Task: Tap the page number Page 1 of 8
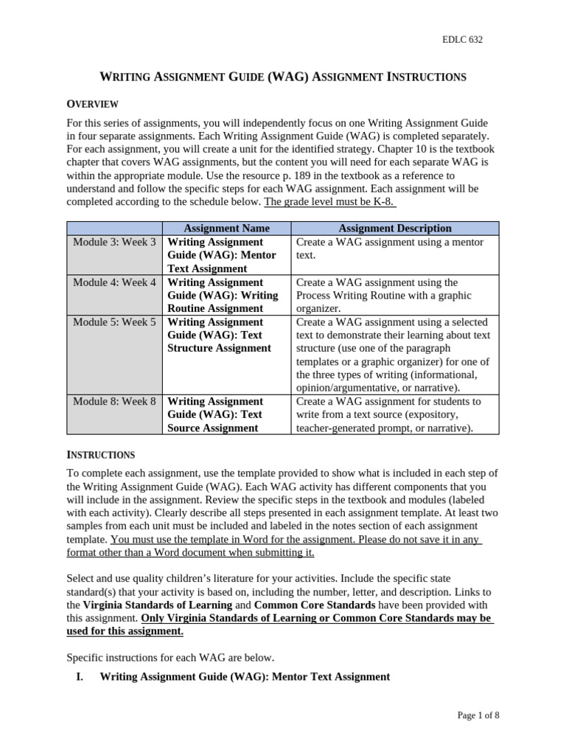(x=478, y=714)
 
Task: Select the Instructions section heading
(x=100, y=454)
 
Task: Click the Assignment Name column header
(x=226, y=229)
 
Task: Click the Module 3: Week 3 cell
(x=114, y=242)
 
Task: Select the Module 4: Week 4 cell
(x=114, y=282)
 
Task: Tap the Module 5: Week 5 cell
(x=114, y=322)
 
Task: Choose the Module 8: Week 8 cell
(x=114, y=401)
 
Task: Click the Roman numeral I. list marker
(x=79, y=676)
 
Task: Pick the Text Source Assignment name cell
(x=226, y=414)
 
